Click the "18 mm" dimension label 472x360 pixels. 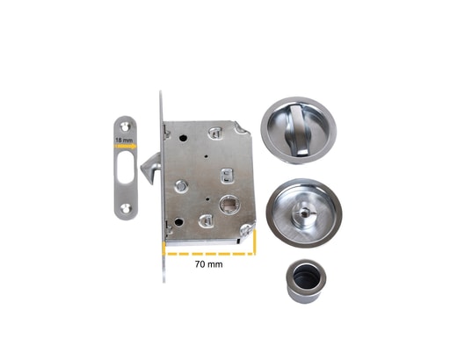124,140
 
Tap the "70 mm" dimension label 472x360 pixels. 209,264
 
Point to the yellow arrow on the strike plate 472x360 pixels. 126,147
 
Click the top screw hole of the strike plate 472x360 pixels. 125,126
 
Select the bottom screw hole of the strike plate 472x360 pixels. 125,208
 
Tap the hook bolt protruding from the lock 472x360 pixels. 151,168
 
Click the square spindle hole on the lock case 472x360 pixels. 229,205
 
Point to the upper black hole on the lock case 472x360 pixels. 183,139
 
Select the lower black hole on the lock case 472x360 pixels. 178,222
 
